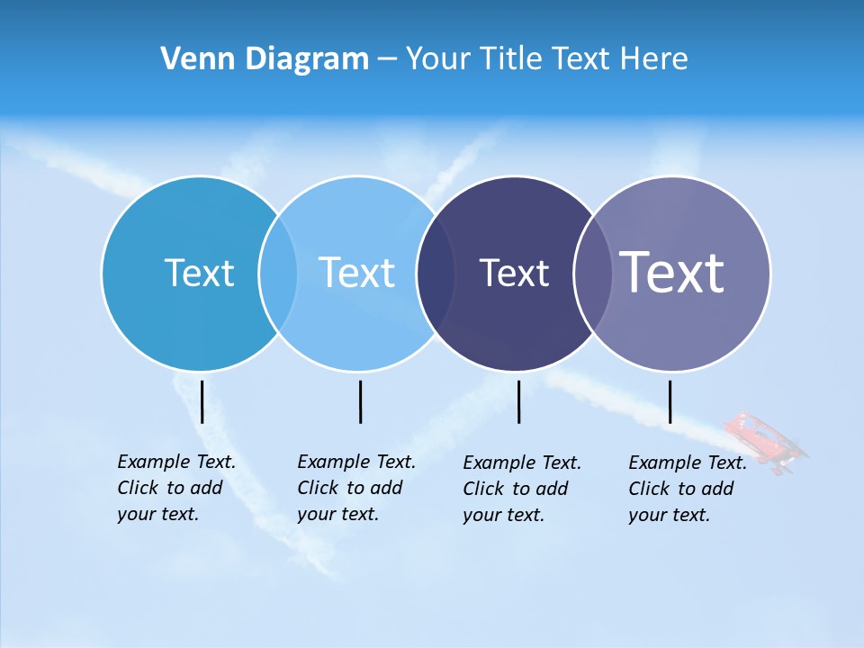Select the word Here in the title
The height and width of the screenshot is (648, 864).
click(653, 58)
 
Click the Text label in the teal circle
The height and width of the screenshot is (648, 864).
click(199, 273)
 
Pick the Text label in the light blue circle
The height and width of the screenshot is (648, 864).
click(356, 273)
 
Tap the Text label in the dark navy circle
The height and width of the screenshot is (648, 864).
click(514, 273)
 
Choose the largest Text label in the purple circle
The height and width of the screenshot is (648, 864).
click(672, 272)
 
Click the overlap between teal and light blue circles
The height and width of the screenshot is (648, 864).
click(278, 274)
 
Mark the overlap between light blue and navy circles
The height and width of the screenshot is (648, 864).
click(436, 274)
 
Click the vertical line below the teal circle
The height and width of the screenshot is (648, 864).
click(202, 401)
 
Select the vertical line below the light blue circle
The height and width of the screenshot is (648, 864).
click(360, 401)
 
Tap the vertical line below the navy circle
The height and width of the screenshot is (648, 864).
click(518, 401)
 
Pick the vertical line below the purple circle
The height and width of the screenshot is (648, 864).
click(670, 401)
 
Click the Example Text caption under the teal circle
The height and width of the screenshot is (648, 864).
click(176, 488)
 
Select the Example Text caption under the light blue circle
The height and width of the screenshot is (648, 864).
click(356, 488)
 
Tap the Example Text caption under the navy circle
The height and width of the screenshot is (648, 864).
click(522, 489)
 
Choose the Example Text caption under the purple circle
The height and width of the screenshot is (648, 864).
click(688, 489)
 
